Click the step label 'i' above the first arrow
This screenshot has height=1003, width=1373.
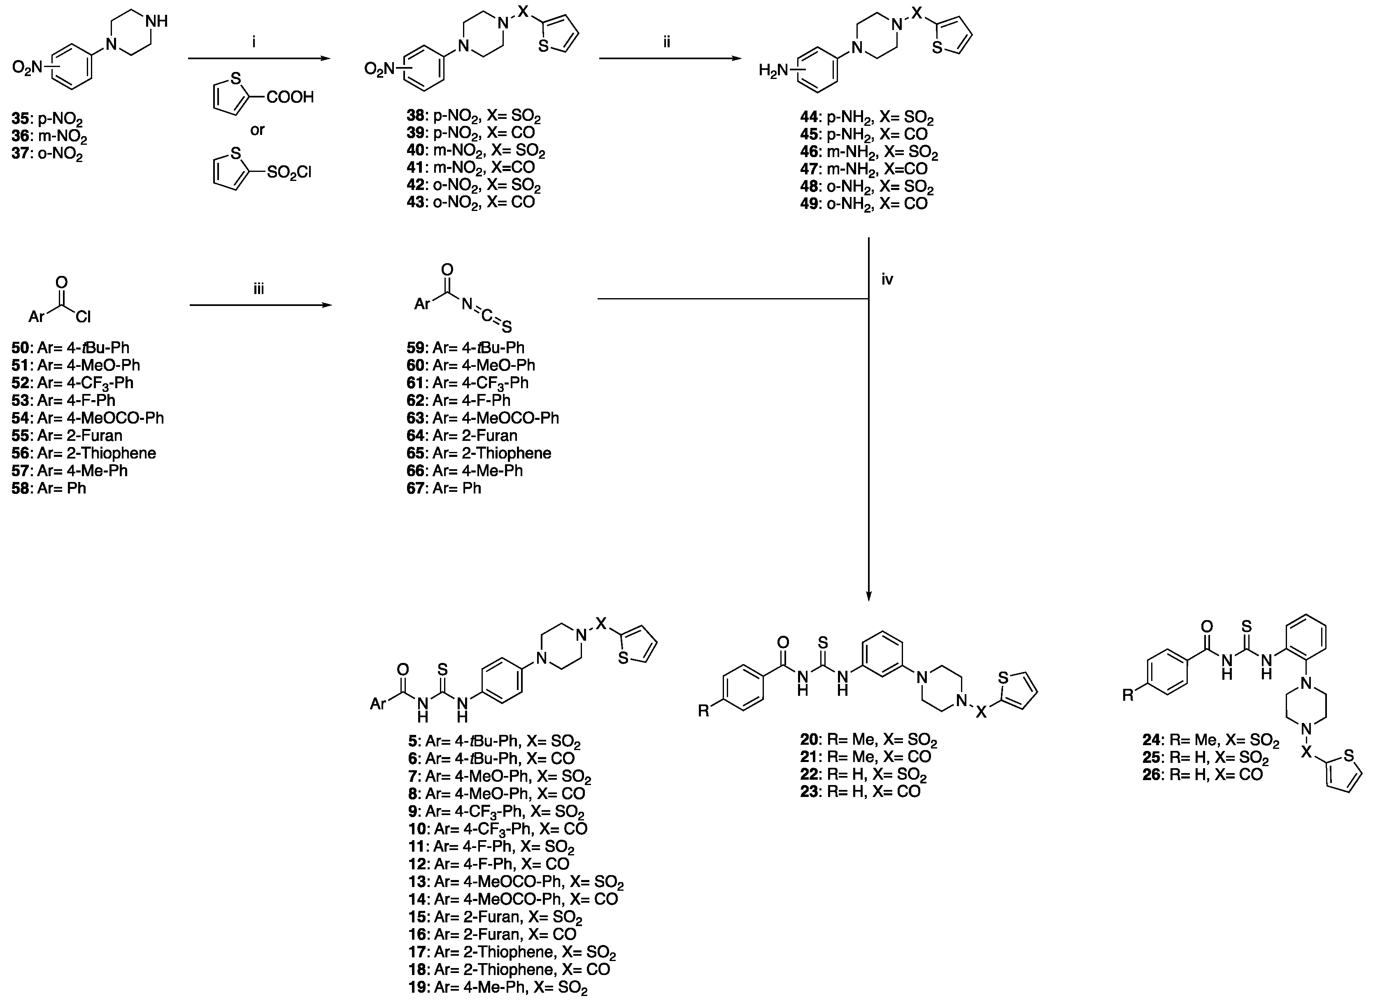(254, 42)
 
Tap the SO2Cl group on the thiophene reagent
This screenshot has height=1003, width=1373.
(289, 172)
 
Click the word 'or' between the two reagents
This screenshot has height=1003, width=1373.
(258, 130)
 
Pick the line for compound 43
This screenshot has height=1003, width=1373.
(471, 202)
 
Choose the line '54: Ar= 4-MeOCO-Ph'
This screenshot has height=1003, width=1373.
(88, 418)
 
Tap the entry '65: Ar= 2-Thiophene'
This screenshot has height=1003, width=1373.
(479, 453)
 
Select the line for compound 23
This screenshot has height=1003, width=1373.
(860, 792)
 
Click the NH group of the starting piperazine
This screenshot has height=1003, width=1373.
(157, 21)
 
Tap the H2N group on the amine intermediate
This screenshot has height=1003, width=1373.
(773, 71)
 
